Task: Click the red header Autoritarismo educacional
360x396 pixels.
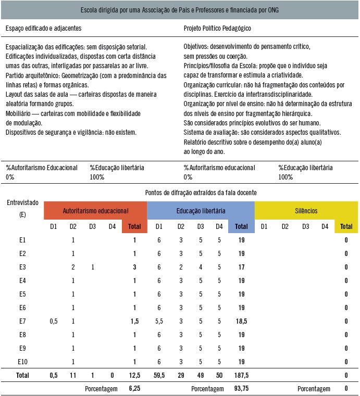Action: coord(95,211)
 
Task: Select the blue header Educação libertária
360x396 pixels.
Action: coord(201,211)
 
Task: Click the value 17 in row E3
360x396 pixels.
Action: coord(241,267)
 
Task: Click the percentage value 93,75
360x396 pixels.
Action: coord(241,389)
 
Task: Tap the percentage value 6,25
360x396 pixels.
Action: coord(134,389)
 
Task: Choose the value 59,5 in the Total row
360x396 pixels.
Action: coord(159,375)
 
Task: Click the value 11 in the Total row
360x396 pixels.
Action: coord(73,375)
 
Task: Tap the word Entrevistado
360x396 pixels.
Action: coord(22,202)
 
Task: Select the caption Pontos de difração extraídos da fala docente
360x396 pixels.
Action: coord(201,193)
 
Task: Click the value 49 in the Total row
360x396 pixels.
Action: coord(200,375)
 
